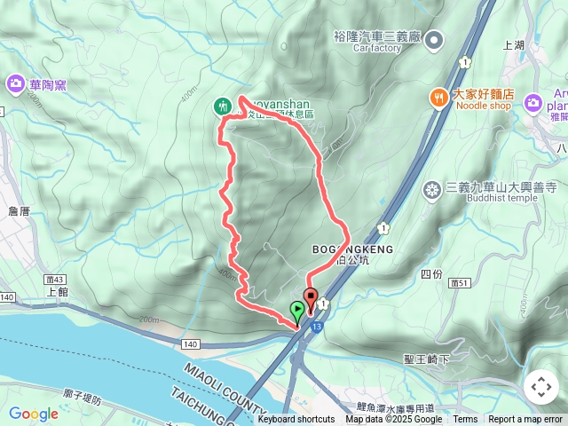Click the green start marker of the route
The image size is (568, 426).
(296, 310)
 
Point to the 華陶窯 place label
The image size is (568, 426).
(48, 85)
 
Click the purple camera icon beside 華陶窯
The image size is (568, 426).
(15, 84)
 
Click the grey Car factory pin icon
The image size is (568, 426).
(434, 39)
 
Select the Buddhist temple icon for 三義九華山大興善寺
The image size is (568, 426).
(432, 188)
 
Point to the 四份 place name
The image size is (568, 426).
(431, 273)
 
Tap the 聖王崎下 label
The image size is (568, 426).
(427, 359)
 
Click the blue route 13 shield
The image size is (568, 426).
(317, 327)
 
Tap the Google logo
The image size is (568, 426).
(34, 414)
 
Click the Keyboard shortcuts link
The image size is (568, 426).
(296, 420)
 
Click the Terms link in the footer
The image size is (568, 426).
(465, 420)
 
